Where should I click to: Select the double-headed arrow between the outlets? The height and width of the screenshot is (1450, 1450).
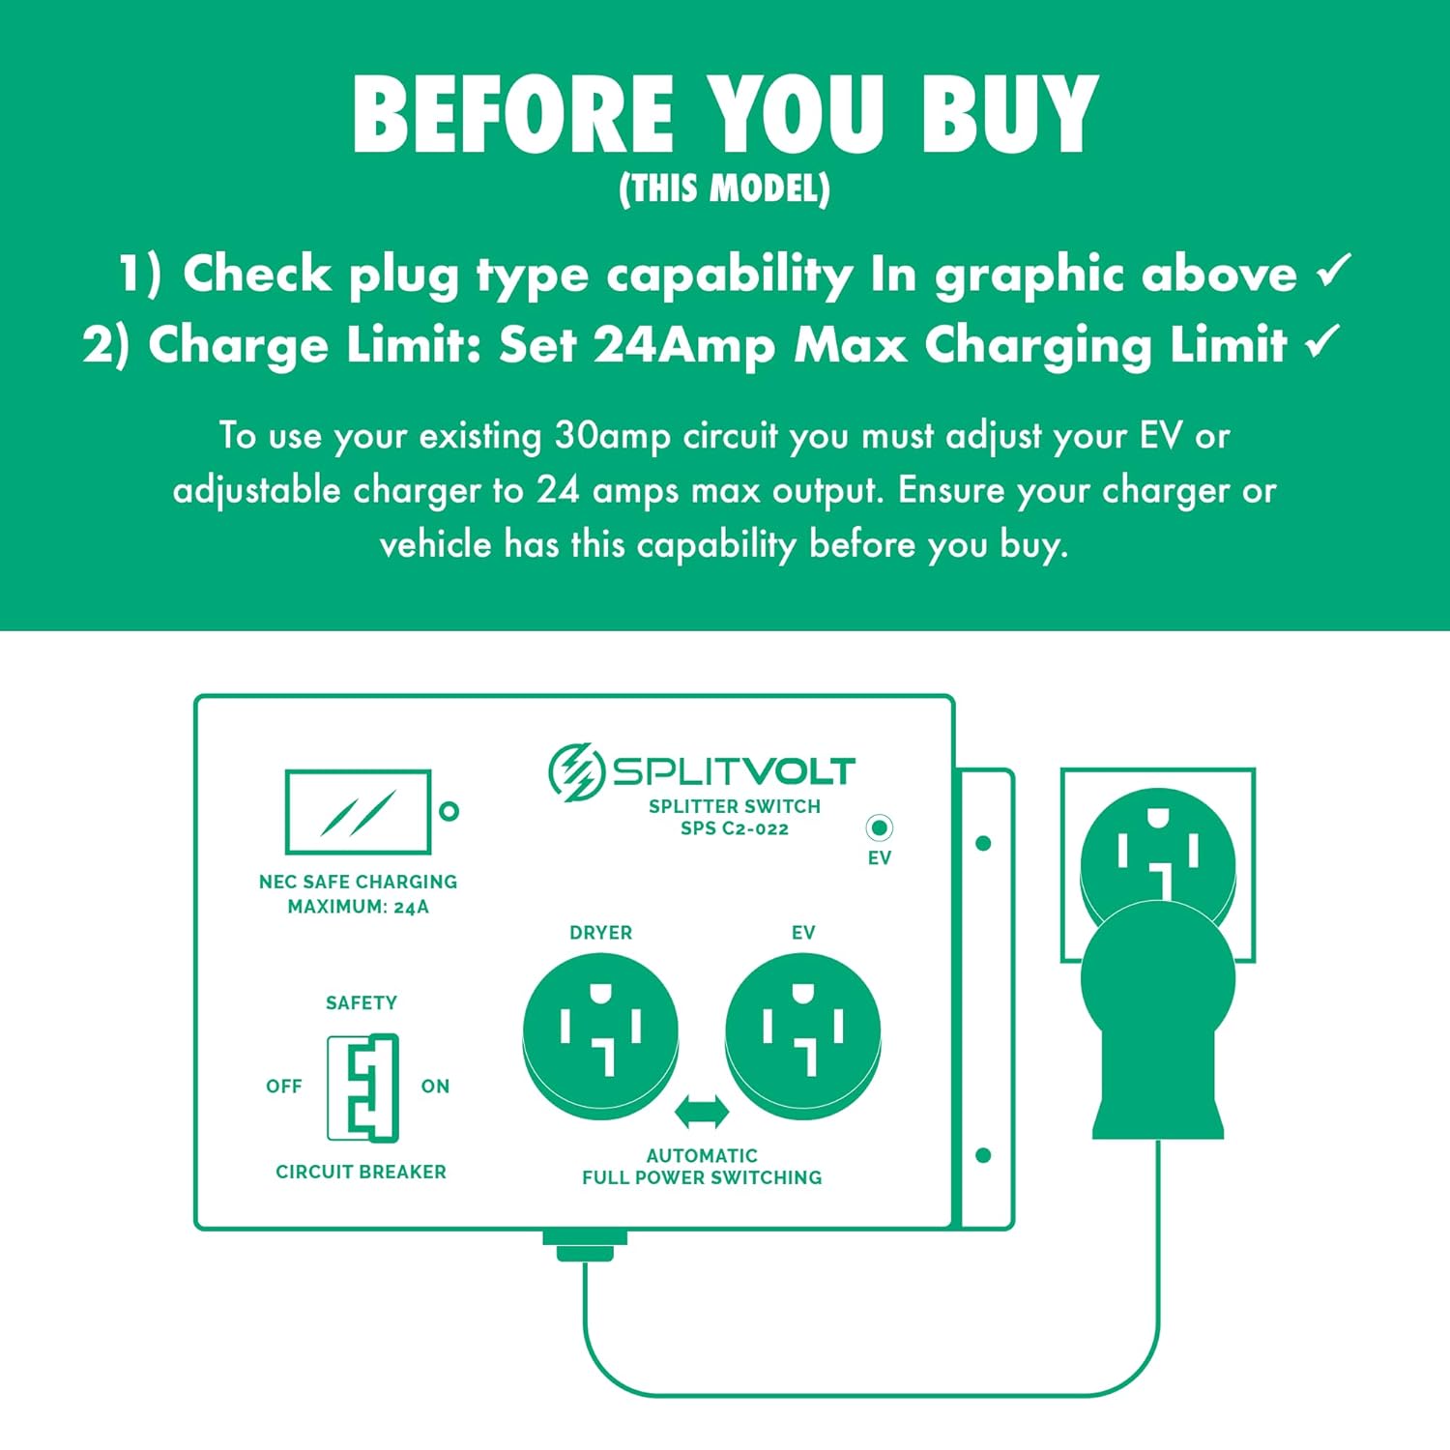[x=702, y=1112]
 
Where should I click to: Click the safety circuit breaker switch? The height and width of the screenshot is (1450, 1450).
[x=362, y=1088]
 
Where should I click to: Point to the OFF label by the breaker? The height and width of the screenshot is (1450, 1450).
[x=284, y=1087]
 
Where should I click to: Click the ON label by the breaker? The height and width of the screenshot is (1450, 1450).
[x=435, y=1087]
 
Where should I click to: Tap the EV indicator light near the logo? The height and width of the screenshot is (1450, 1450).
[x=879, y=828]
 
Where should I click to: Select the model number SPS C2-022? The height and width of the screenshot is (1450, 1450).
[x=735, y=828]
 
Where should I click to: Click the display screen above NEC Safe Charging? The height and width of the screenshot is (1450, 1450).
[x=358, y=812]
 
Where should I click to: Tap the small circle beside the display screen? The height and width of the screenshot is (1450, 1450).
[x=449, y=812]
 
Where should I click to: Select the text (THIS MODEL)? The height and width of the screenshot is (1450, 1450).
[x=724, y=188]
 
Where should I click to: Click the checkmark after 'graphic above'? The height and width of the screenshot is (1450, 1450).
[x=1334, y=271]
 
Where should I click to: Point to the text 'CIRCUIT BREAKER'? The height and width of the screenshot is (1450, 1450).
[x=361, y=1172]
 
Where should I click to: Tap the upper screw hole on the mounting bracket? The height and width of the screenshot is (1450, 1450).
[x=983, y=844]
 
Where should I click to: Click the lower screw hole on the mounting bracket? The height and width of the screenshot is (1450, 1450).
[x=983, y=1156]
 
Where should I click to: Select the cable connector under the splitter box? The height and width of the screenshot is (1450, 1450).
[x=585, y=1245]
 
